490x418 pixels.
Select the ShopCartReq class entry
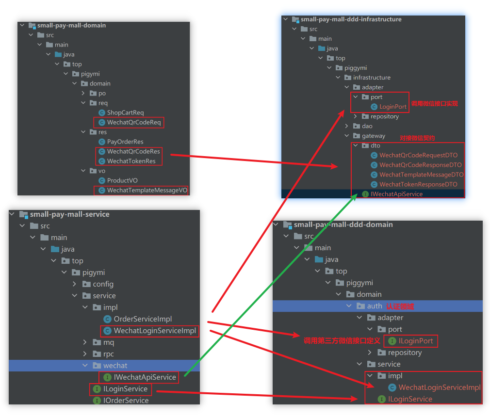coord(125,113)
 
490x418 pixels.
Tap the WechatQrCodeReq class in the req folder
coord(133,122)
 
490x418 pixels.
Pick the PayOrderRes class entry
coord(125,142)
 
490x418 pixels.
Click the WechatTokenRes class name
coord(131,161)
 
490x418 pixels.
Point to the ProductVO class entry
coord(122,180)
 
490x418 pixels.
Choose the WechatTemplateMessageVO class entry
coord(147,190)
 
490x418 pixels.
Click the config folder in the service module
coord(103,284)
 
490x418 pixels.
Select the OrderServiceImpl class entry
coord(143,319)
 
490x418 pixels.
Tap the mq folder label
coord(108,342)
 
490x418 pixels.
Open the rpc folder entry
coord(108,354)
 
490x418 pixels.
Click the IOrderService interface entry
coord(126,401)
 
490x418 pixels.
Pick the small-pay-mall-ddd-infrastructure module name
coord(351,19)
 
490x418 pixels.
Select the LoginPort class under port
coord(392,107)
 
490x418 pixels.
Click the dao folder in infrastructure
coord(367,126)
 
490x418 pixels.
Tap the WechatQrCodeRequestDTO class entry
coord(418,155)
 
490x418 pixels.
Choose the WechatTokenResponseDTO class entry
coord(418,184)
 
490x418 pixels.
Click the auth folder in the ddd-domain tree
coord(374,306)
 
